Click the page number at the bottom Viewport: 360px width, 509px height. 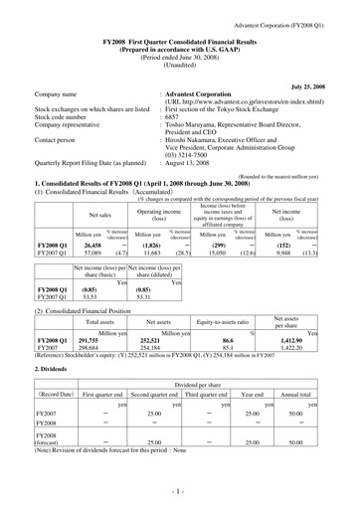pyautogui.click(x=180, y=491)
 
